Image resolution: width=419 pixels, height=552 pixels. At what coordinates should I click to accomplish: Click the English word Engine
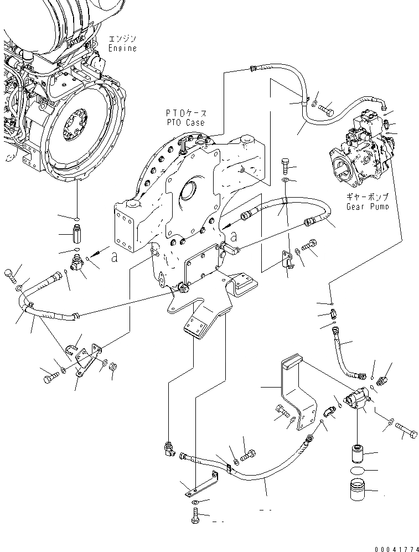(x=123, y=48)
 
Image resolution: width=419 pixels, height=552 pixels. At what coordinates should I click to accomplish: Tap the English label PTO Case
(x=185, y=122)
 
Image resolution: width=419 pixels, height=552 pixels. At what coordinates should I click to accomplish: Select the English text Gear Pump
(x=368, y=207)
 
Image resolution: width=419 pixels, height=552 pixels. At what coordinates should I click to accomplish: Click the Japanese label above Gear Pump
(x=368, y=197)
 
